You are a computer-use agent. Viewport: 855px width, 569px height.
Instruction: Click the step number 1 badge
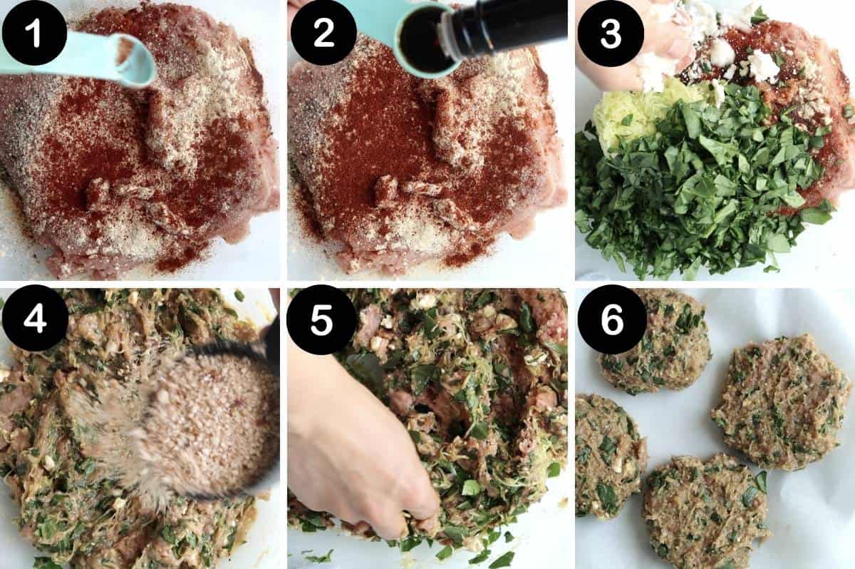[34, 33]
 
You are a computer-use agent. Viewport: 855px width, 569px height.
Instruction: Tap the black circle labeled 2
[323, 33]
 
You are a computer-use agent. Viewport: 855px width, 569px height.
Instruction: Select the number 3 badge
[611, 33]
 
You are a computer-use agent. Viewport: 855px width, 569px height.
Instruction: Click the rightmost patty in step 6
[780, 403]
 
